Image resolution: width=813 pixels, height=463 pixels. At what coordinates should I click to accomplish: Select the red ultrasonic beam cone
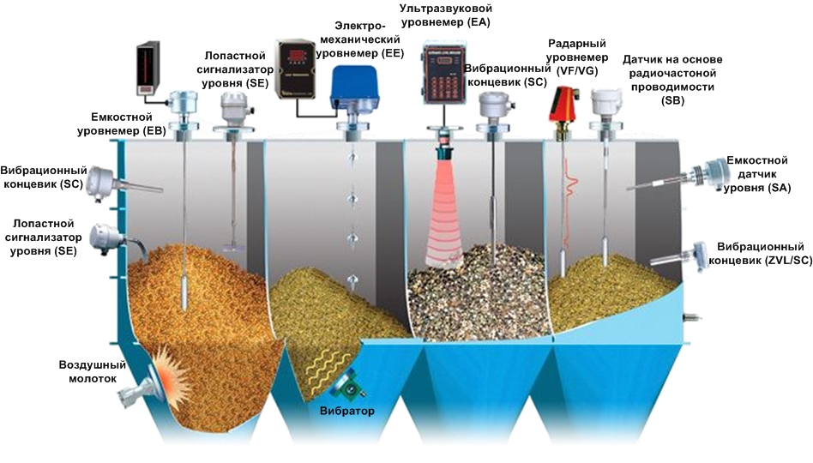coord(445,206)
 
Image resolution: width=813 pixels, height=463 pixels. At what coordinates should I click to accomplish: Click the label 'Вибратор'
coord(346,411)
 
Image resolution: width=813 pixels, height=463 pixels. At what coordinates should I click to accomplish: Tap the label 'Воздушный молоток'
coord(93,371)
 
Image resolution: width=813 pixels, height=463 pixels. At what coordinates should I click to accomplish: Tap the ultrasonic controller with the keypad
coord(445,82)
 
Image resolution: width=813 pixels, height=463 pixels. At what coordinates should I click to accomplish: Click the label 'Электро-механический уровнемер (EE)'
coord(359,39)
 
